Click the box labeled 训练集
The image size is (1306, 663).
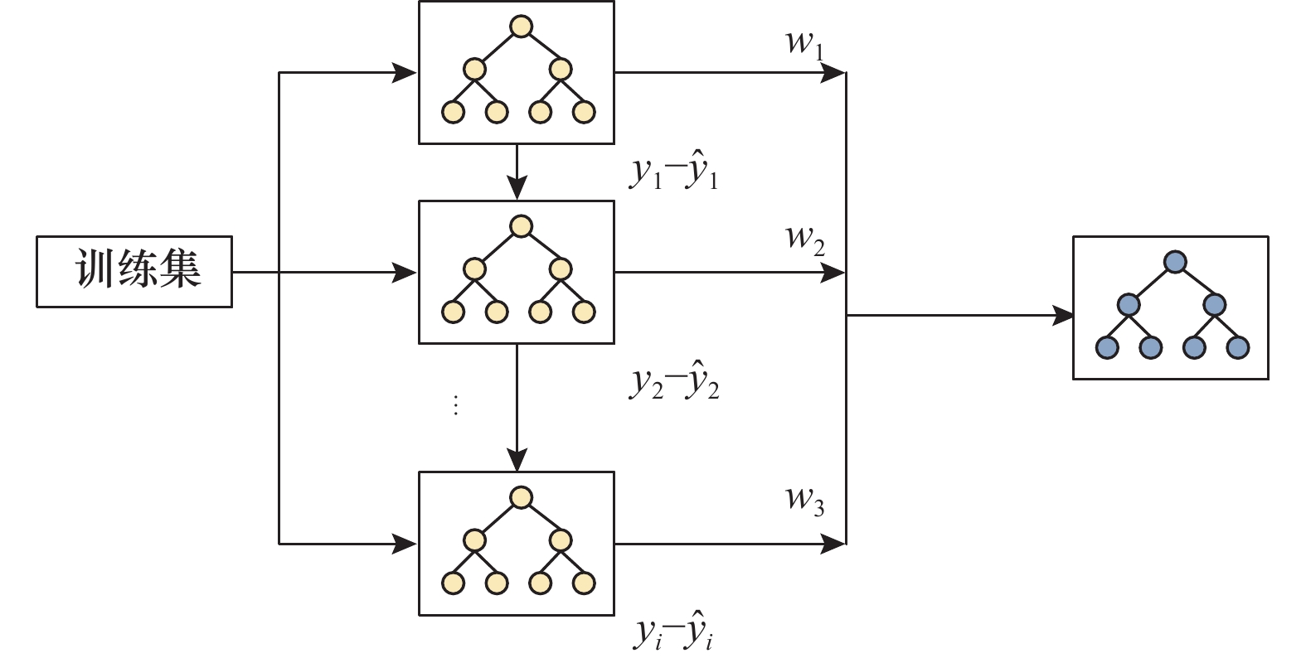point(134,272)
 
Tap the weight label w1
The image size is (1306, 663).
point(804,43)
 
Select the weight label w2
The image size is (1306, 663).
point(804,239)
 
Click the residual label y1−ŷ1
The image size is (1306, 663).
point(674,173)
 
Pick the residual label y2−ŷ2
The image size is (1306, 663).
point(674,382)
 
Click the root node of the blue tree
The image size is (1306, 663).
point(1175,262)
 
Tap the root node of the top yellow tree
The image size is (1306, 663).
point(521,27)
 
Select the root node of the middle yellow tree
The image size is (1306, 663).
point(521,226)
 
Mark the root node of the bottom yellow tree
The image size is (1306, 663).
point(521,497)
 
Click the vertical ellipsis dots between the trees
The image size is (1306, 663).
point(455,405)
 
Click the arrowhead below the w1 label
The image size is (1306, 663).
point(833,73)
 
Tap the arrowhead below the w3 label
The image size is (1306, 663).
point(833,544)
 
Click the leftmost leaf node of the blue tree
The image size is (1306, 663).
point(1107,347)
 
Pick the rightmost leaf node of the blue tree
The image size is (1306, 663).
point(1238,347)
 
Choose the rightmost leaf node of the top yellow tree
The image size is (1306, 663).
point(584,112)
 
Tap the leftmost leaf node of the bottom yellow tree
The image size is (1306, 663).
point(453,583)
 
